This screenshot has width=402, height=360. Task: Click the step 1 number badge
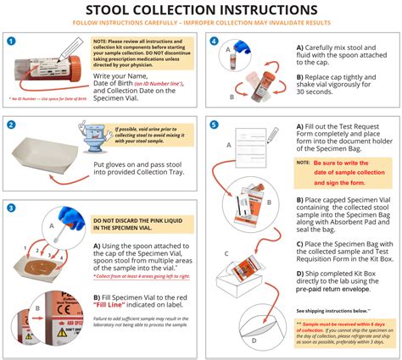pyautogui.click(x=11, y=41)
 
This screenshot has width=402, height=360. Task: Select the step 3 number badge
pyautogui.click(x=11, y=208)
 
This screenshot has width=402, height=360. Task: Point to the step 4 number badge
pyautogui.click(x=215, y=41)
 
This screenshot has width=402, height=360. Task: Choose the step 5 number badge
pyautogui.click(x=215, y=126)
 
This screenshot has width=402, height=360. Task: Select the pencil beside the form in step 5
pyautogui.click(x=271, y=136)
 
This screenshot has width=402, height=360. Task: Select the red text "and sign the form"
pyautogui.click(x=351, y=181)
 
